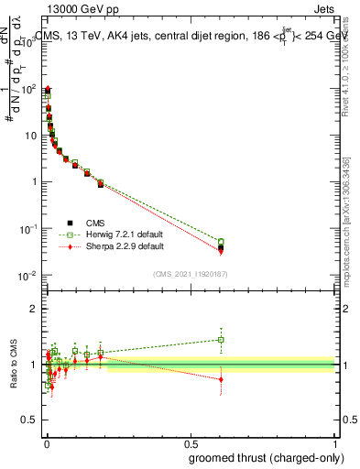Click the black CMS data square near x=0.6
(221, 247)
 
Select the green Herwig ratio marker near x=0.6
(221, 340)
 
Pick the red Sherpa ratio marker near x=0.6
(221, 378)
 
